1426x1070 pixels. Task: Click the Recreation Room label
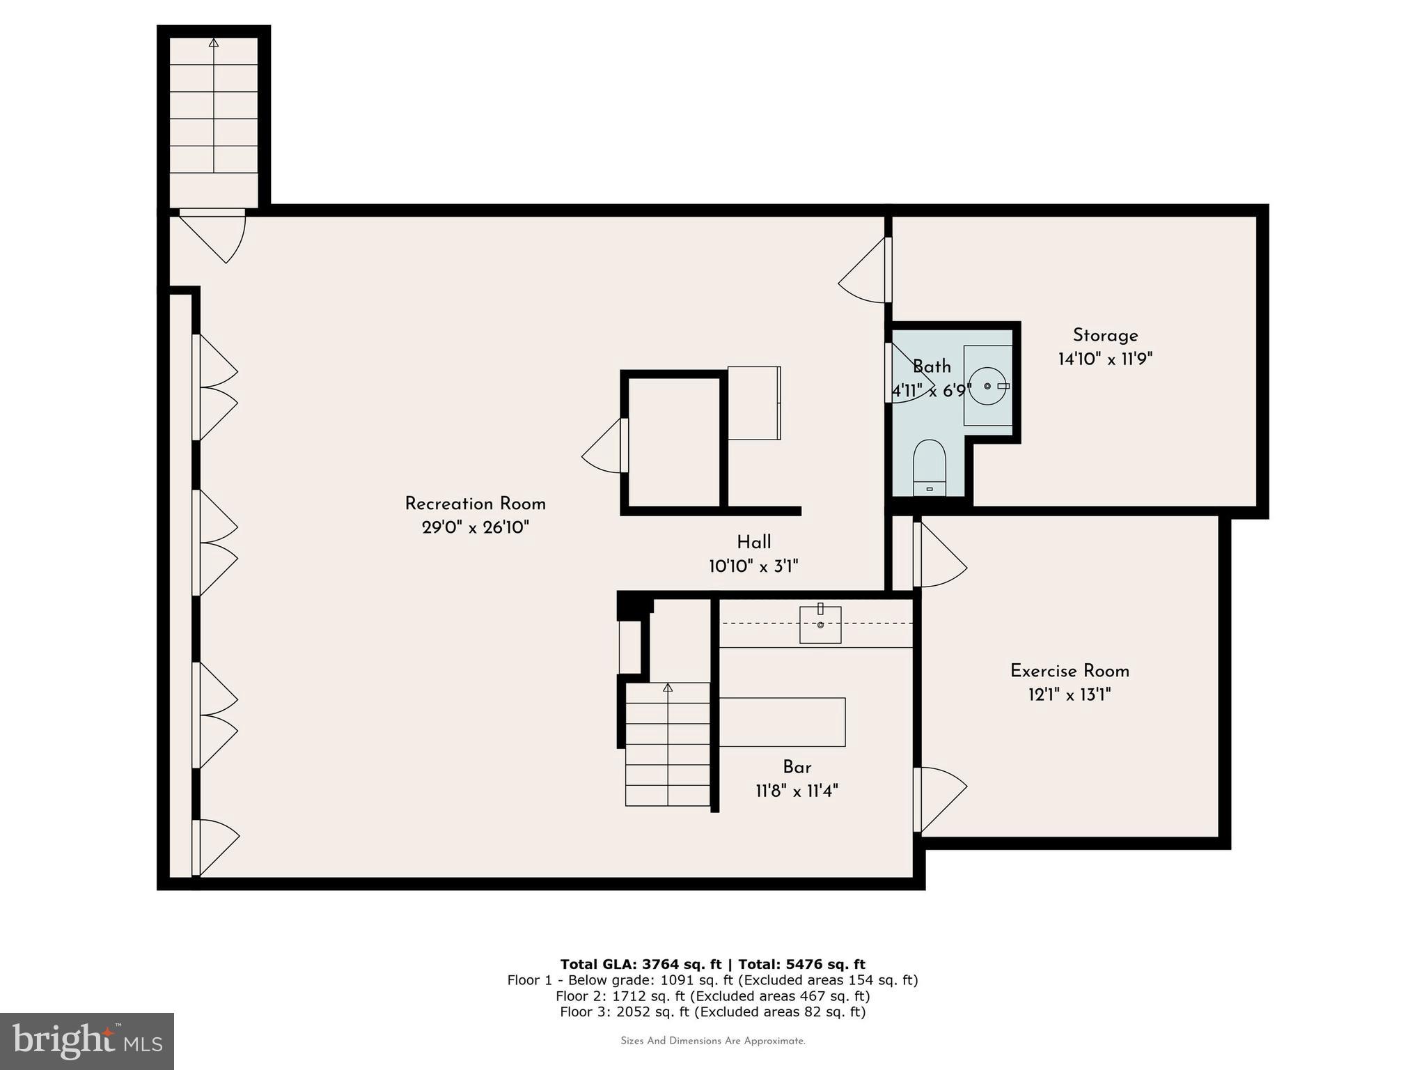(475, 504)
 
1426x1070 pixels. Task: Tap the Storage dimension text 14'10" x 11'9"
(1105, 359)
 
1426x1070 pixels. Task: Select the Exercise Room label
(1069, 671)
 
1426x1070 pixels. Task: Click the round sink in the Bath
(987, 386)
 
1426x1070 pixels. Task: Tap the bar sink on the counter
(820, 625)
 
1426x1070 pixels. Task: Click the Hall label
(753, 542)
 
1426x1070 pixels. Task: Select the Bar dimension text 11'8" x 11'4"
(797, 791)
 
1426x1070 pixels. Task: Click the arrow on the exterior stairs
(214, 43)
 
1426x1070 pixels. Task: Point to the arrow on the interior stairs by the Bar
(668, 688)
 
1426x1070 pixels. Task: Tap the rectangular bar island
(782, 722)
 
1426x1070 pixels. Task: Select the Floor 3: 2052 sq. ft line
(712, 1012)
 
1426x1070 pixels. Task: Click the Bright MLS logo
(86, 1041)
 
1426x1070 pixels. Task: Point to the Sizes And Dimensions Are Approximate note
(712, 1041)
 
